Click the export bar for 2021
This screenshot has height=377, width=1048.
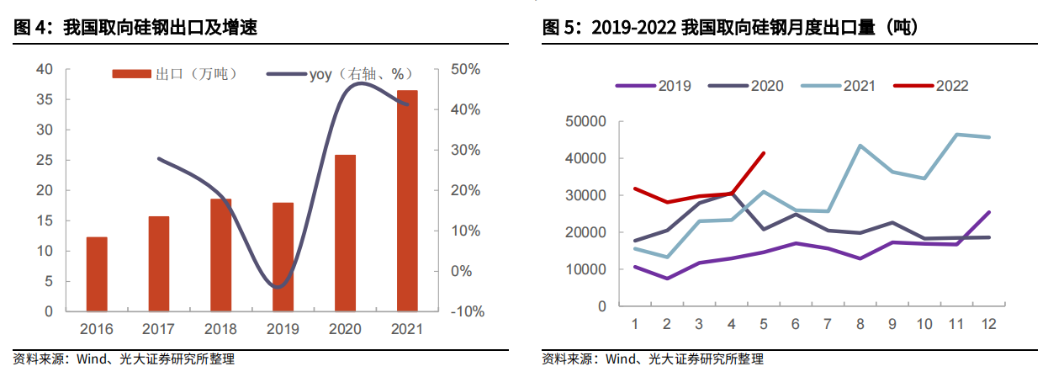407,200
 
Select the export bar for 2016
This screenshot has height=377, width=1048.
97,273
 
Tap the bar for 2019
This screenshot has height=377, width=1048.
283,257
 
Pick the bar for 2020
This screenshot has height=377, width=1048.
346,233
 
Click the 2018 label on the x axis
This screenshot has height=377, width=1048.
221,329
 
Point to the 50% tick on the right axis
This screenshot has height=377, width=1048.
464,69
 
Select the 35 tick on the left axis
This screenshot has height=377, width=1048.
45,99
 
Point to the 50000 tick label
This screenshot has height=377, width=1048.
585,122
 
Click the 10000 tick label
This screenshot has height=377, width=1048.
585,269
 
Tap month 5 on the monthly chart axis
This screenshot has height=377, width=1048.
764,324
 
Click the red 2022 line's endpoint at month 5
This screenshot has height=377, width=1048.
764,153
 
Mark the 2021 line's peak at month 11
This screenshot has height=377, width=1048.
956,135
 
